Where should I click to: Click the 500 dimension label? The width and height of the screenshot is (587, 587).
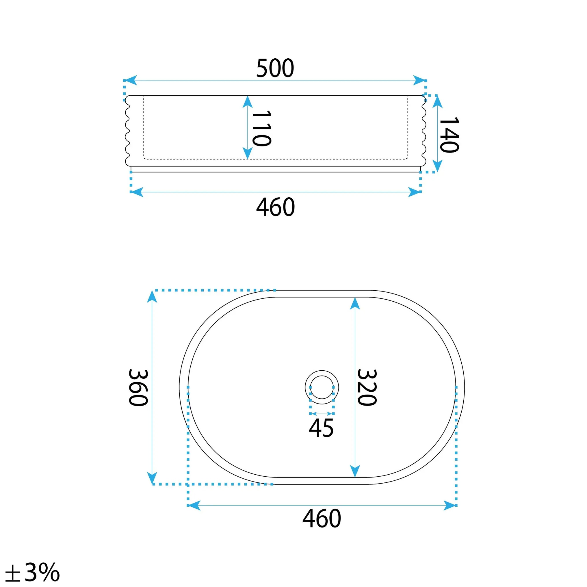[275, 68]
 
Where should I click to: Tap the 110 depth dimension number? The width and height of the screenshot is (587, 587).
[262, 128]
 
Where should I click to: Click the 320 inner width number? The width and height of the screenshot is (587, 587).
[367, 387]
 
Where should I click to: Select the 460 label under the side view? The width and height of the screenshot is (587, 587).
[276, 207]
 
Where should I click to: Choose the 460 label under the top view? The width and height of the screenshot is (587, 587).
[322, 519]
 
